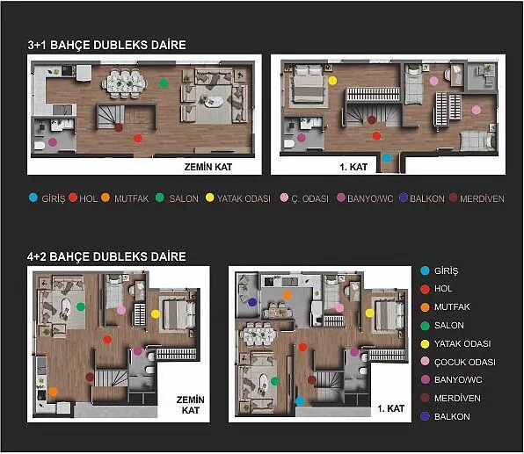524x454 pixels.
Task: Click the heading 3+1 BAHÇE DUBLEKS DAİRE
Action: click(x=107, y=45)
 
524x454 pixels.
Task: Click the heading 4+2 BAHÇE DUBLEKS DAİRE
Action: click(x=106, y=256)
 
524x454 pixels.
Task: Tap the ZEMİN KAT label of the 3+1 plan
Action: click(x=208, y=167)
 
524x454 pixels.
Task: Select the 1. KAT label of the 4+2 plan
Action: click(x=391, y=408)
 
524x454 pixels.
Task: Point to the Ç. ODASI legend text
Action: click(x=309, y=198)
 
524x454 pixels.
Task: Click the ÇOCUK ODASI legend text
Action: click(x=465, y=362)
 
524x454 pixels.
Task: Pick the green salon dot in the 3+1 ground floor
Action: click(x=164, y=83)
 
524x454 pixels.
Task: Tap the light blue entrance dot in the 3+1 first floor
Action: click(x=387, y=157)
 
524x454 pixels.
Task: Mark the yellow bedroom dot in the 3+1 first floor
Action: click(x=332, y=81)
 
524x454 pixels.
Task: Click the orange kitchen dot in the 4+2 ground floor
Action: click(x=53, y=392)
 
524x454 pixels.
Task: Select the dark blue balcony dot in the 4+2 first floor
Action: click(x=252, y=302)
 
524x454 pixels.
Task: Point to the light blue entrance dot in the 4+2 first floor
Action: click(x=300, y=401)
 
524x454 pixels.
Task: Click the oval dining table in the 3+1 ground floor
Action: click(x=124, y=83)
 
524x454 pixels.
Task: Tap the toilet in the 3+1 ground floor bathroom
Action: click(x=40, y=146)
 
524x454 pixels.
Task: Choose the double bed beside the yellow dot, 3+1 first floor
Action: click(x=308, y=86)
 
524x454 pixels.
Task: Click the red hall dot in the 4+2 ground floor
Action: click(x=107, y=340)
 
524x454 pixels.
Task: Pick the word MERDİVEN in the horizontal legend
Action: click(x=482, y=198)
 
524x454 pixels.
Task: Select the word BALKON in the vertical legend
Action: click(x=452, y=416)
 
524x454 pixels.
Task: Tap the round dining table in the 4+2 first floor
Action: click(x=259, y=335)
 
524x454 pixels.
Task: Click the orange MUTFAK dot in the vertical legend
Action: click(x=425, y=307)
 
